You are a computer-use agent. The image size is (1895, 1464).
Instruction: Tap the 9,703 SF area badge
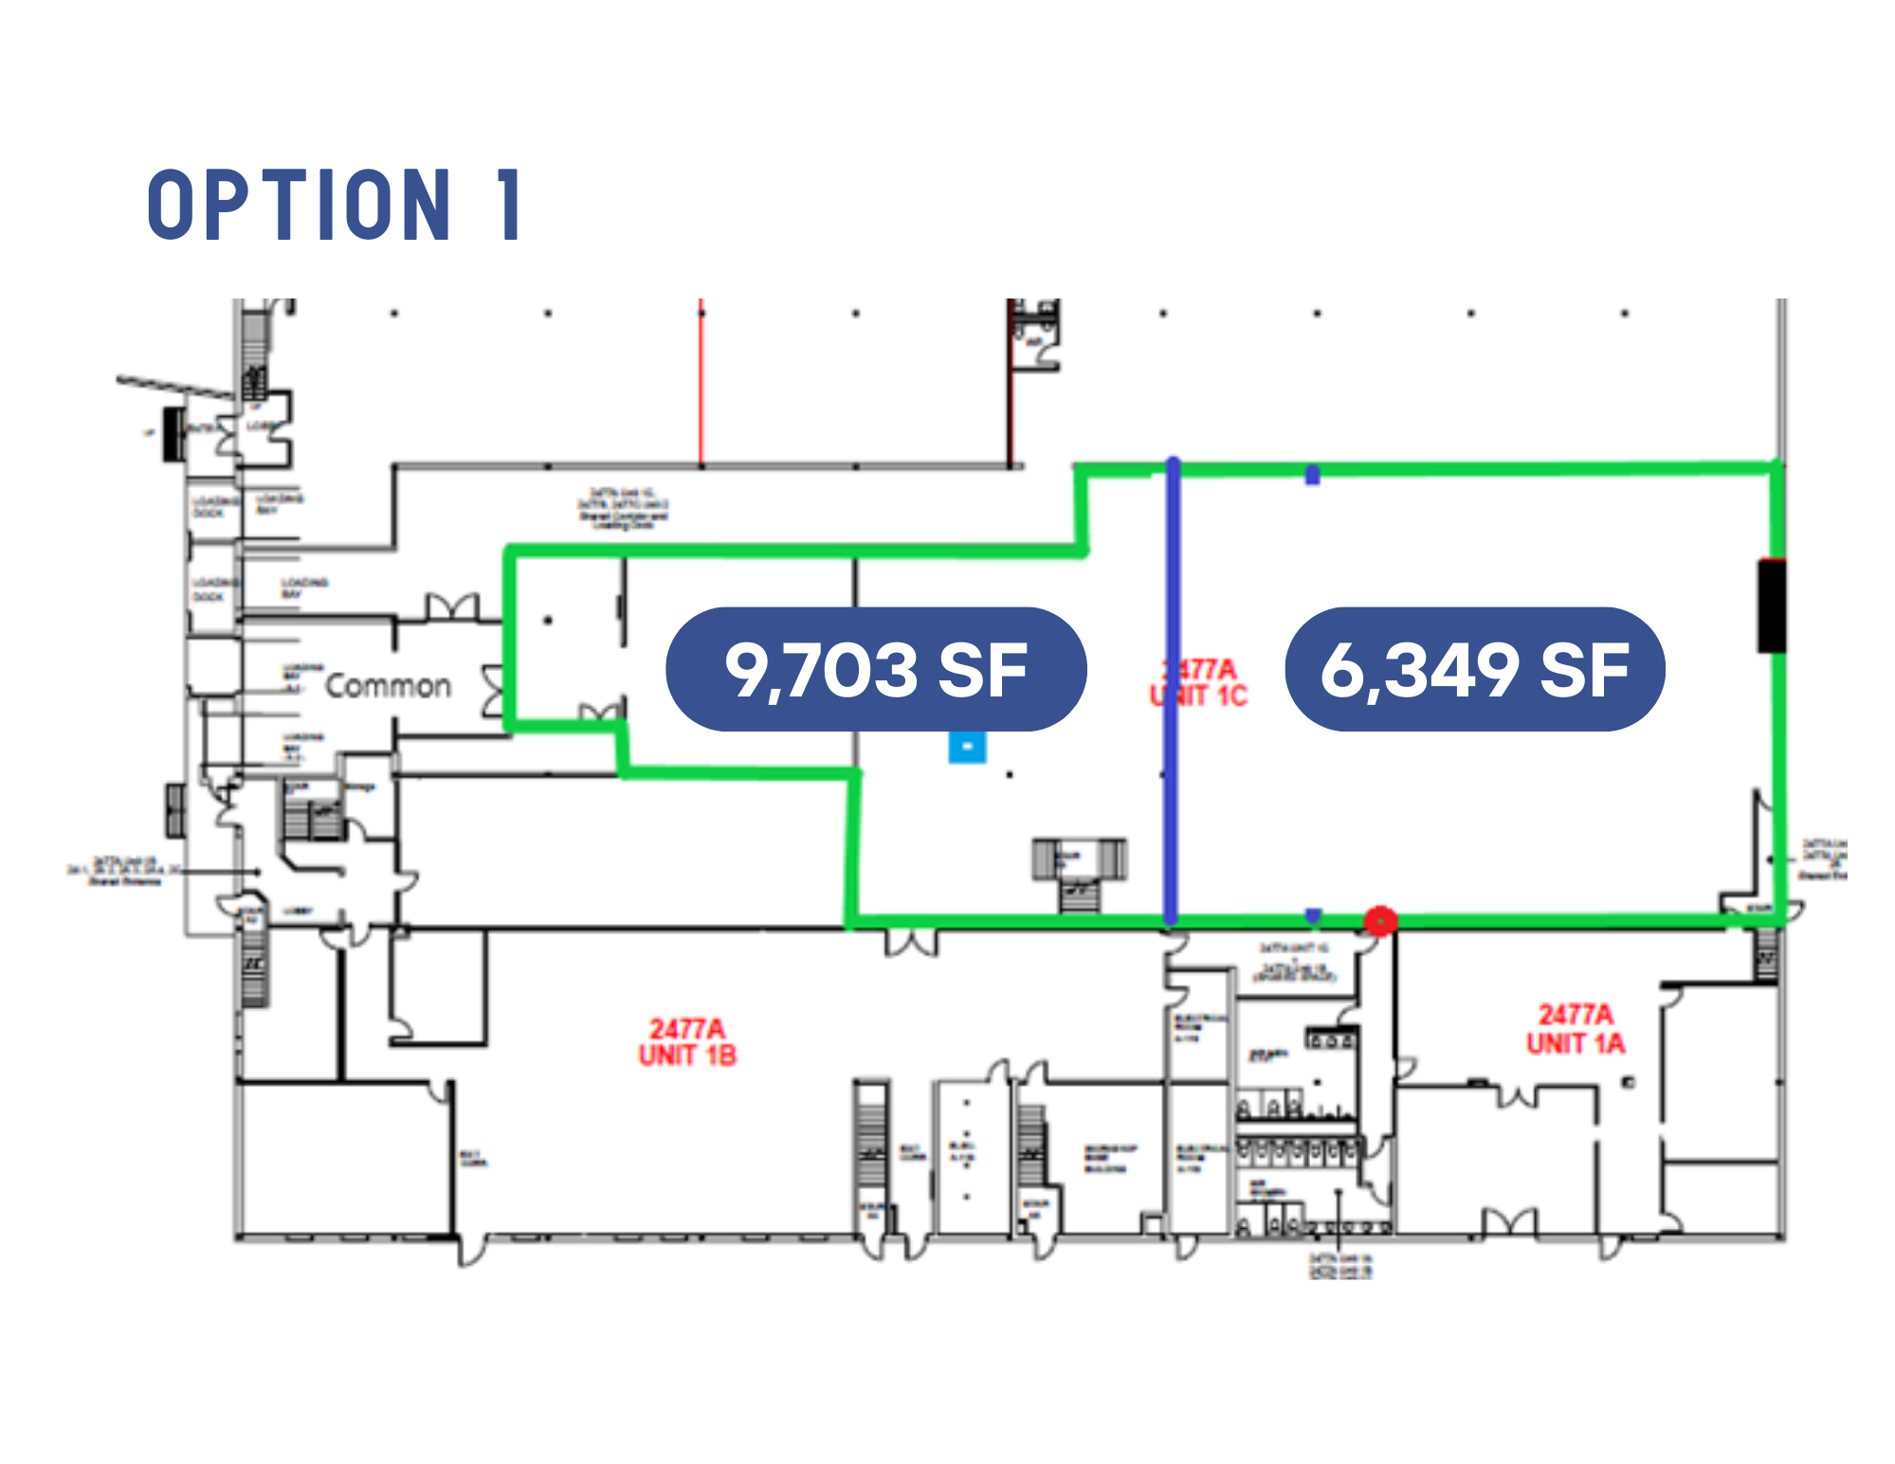point(876,669)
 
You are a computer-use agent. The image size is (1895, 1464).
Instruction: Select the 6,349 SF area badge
point(1474,669)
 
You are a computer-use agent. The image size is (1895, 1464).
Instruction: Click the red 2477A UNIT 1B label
point(687,1042)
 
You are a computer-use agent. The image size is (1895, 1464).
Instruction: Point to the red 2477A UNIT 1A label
point(1575,1029)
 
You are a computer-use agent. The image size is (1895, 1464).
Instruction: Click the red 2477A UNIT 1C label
point(1200,683)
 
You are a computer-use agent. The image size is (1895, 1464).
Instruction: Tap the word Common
point(388,685)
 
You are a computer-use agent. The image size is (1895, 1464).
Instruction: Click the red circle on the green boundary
point(1380,920)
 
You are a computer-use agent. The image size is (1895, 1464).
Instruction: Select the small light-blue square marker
point(967,747)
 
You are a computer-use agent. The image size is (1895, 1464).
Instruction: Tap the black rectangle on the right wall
point(1771,605)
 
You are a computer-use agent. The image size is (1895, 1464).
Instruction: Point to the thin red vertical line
point(702,384)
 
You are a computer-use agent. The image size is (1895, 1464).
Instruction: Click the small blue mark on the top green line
point(1312,474)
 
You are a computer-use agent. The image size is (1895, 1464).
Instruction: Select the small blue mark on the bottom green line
point(1312,915)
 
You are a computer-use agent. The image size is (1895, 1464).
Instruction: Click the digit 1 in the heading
point(510,205)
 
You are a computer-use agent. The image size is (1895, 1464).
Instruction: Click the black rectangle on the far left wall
point(173,434)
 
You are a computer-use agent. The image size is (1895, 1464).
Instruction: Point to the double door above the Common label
point(452,607)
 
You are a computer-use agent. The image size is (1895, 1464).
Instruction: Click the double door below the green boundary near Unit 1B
point(911,943)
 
